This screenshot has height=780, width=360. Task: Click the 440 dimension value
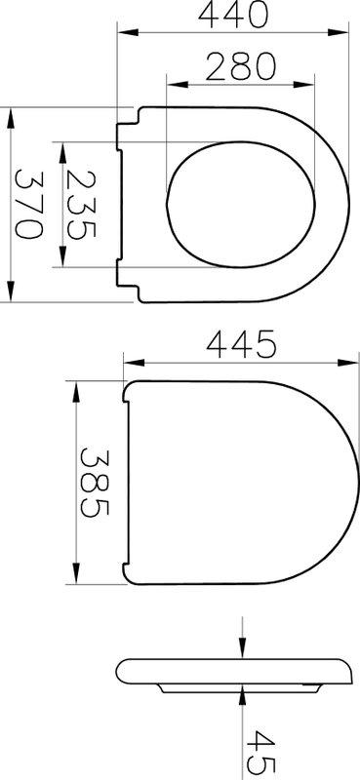coord(233,15)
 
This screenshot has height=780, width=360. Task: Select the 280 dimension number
coord(241,67)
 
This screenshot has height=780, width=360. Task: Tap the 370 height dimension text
coord(28,205)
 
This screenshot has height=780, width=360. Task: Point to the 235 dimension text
coord(81,205)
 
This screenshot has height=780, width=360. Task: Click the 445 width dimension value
coord(241,344)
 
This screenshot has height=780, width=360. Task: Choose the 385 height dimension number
coord(95,483)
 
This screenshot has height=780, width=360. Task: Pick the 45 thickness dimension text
coord(260,754)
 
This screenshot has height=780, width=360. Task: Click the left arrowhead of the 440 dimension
coord(128,32)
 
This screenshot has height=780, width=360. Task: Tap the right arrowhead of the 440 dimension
coord(339,32)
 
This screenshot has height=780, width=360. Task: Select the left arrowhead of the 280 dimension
coord(178,85)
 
